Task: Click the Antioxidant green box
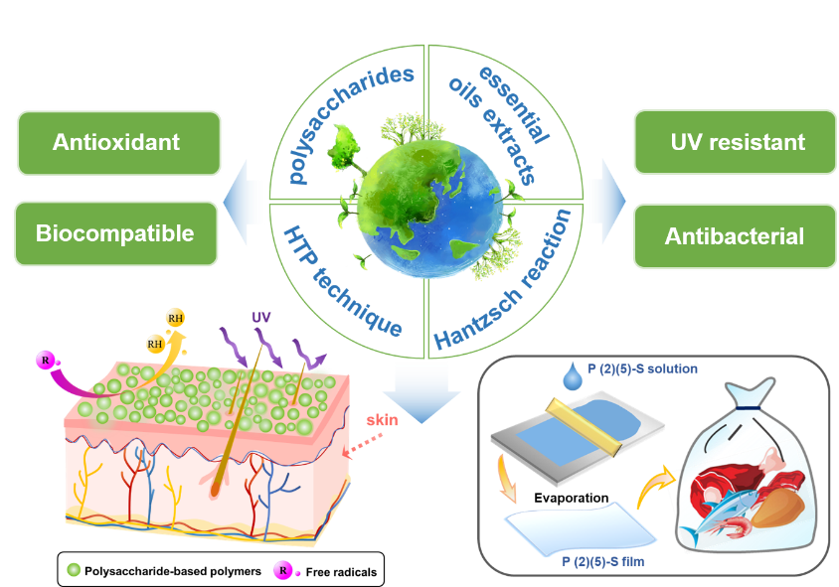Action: coord(116,143)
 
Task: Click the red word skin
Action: coord(382,420)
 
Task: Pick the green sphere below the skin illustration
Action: coord(73,569)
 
